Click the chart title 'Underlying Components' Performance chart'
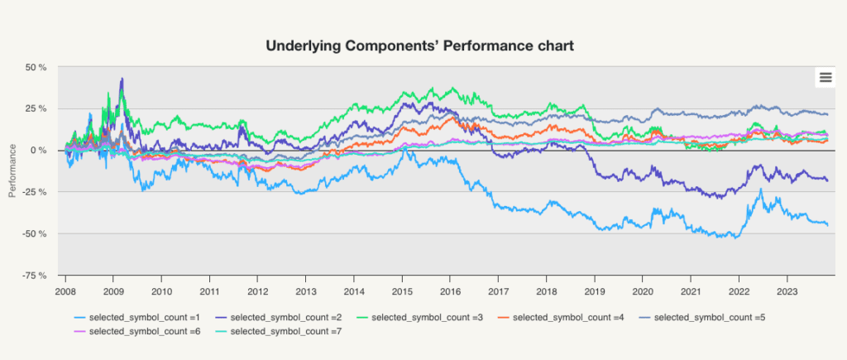[419, 46]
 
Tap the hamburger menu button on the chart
[825, 77]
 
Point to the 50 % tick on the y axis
[36, 67]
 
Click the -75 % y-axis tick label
[35, 275]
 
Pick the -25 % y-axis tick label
[35, 192]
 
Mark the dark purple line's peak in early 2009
[122, 78]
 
